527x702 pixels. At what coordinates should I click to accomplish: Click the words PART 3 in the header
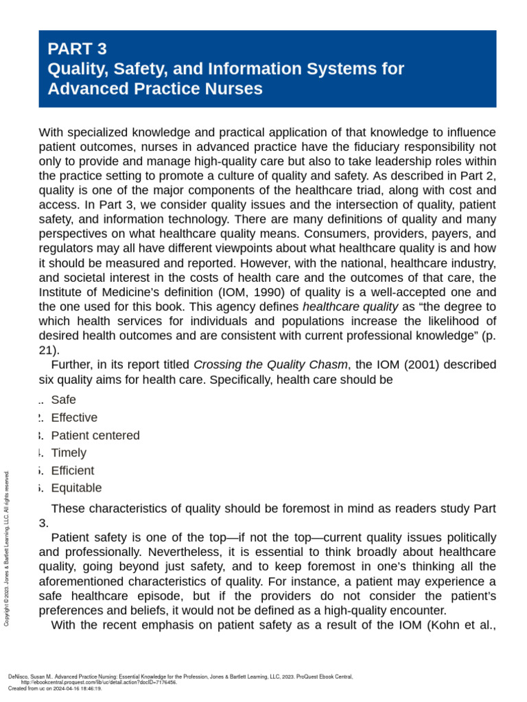pos(77,49)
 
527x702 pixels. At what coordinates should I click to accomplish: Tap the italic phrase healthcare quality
pos(350,306)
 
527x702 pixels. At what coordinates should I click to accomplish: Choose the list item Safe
pos(64,400)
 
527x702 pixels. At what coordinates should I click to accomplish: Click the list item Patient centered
pos(95,435)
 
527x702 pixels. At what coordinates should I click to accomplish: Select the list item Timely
pos(69,452)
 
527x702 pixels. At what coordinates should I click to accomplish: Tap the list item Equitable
pos(76,488)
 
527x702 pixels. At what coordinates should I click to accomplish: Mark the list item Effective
pos(74,417)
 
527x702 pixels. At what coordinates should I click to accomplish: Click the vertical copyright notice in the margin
pos(7,548)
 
